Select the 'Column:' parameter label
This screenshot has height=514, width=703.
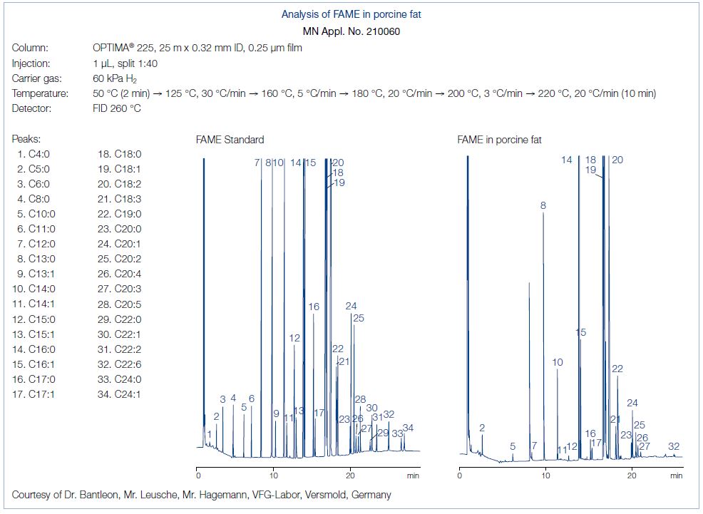31,48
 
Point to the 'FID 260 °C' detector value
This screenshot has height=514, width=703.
112,108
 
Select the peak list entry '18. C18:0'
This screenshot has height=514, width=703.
119,153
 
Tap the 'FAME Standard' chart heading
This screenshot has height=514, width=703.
230,140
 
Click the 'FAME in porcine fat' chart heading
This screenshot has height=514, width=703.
499,140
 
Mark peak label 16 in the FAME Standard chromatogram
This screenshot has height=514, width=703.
314,307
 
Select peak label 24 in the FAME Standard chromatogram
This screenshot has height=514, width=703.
351,306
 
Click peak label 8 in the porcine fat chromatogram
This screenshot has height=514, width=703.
543,205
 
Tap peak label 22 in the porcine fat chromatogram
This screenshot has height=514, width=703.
617,369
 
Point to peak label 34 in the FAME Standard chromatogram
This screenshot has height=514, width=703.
408,428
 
